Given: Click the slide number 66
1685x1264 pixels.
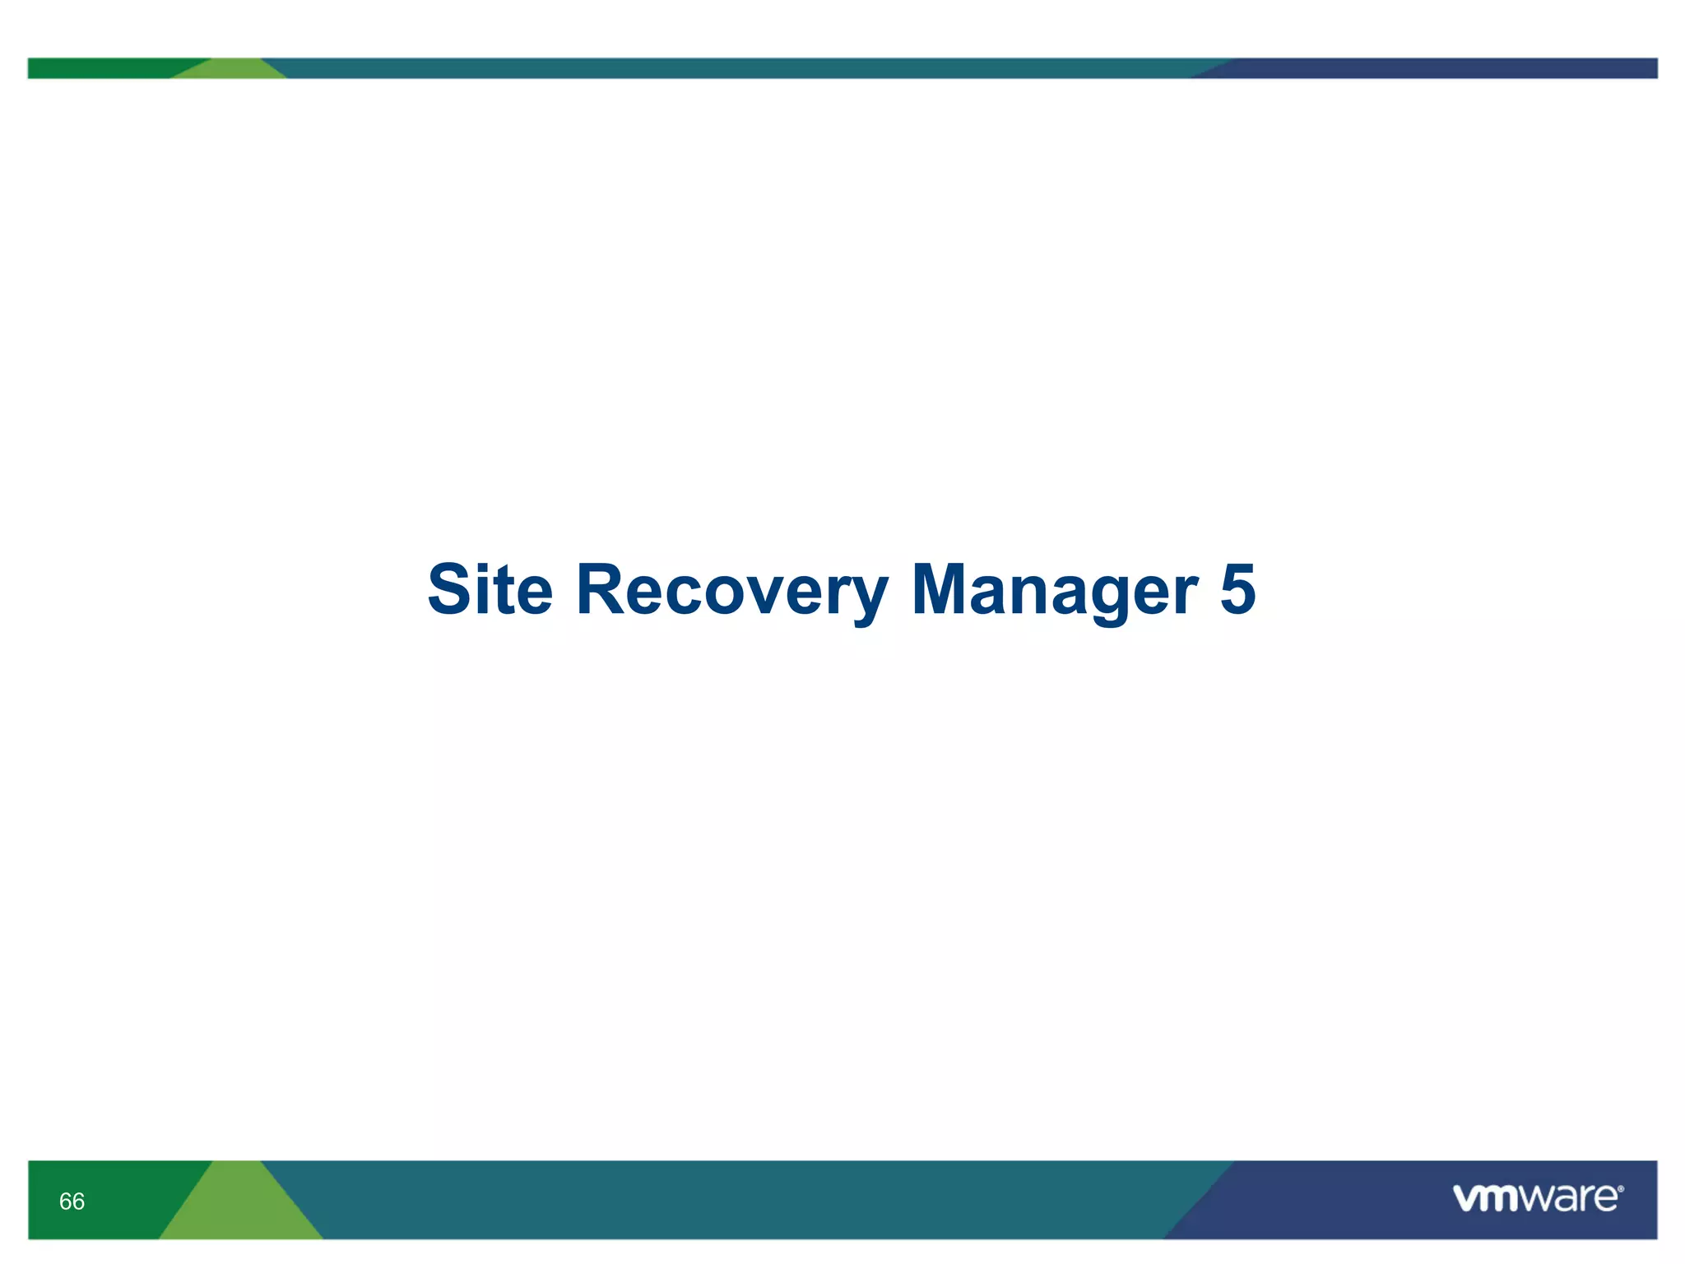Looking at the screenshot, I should point(72,1201).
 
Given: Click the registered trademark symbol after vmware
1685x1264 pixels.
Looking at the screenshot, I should point(1620,1189).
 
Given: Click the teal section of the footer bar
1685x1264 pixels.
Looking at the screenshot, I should point(740,1200).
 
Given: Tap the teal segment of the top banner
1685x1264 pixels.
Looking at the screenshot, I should point(740,68).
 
